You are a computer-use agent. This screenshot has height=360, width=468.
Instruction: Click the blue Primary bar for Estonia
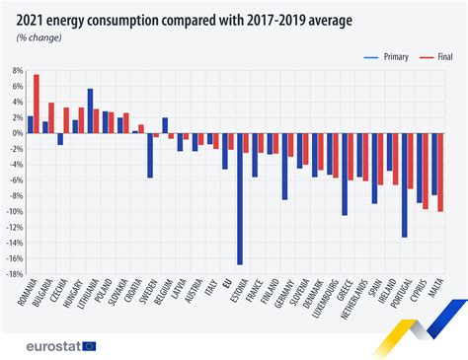(x=240, y=198)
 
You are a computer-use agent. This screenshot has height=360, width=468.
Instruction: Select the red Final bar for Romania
(x=37, y=104)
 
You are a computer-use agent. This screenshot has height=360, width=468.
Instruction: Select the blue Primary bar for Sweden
(x=150, y=155)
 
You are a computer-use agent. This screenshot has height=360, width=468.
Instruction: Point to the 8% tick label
(x=17, y=71)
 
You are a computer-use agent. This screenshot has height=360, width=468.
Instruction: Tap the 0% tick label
(x=17, y=133)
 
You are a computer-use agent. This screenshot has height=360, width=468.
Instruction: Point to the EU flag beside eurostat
(x=90, y=345)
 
